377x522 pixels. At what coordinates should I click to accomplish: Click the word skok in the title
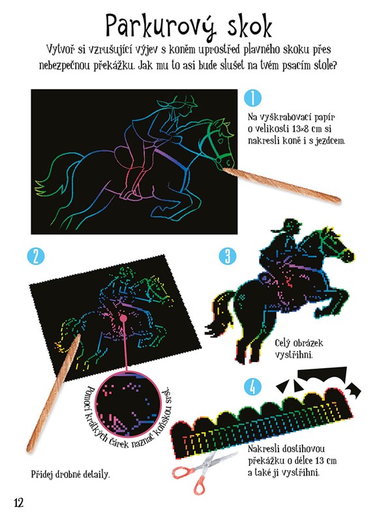point(250,25)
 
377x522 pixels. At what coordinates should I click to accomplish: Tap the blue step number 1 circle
point(252,98)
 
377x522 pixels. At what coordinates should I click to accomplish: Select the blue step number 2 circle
point(36,256)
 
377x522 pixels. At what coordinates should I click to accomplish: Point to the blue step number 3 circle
point(228,256)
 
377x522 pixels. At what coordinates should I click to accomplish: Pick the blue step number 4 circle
point(253,387)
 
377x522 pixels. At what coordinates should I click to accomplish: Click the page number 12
point(19,502)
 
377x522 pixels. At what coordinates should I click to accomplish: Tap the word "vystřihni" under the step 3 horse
point(294,354)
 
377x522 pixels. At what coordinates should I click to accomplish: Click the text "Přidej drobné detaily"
point(70,474)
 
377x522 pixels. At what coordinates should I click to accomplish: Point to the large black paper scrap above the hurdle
point(322,375)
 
